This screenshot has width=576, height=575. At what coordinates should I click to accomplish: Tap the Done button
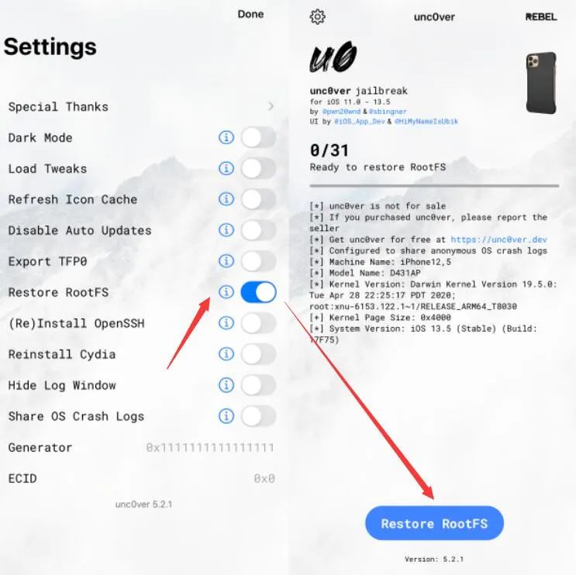250,14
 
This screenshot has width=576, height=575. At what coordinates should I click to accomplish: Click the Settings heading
50,46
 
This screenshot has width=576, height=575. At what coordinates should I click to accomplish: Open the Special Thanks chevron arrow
271,106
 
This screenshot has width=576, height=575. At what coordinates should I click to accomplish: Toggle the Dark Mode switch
258,138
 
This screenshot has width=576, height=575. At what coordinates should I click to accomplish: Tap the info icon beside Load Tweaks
226,168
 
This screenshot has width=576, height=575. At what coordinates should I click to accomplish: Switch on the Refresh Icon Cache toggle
258,199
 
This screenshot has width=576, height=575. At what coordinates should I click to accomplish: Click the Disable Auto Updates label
80,230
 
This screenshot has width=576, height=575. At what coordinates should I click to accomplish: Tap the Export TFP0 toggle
258,261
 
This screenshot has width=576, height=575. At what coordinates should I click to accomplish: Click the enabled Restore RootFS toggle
258,292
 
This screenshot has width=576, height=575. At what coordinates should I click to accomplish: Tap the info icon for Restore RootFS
226,292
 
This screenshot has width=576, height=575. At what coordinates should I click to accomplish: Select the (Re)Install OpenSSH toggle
258,323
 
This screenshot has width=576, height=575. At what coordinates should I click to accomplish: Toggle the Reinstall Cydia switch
258,354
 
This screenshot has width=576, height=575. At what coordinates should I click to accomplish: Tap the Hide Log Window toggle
258,385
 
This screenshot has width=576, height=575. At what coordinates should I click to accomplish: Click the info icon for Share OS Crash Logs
226,416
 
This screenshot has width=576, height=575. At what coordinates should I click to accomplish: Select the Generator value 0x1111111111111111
210,448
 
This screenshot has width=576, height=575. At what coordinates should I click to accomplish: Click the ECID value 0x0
264,479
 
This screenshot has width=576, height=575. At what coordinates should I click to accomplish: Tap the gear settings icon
317,16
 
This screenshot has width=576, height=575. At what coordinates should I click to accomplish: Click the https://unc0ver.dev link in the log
498,240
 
